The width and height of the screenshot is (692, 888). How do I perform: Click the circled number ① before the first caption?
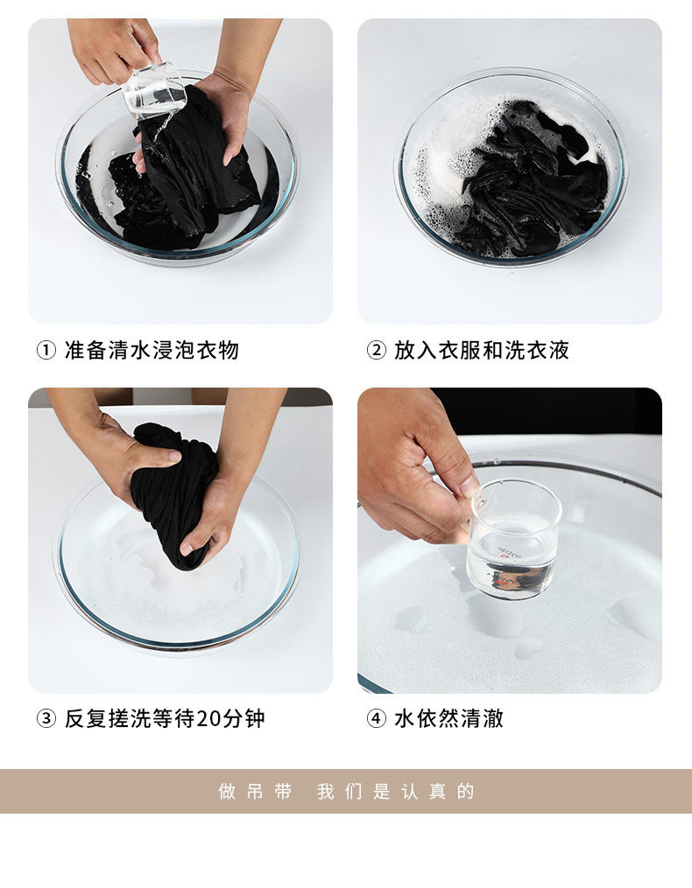pos(46,350)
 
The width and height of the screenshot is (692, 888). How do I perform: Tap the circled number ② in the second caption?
pos(376,350)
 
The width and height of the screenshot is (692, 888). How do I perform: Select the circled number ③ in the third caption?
pos(46,718)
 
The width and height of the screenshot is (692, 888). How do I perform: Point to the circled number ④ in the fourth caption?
pos(376,718)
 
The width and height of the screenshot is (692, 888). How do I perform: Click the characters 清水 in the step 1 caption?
pos(130,350)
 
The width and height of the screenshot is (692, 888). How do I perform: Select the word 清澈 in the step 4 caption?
pos(482,718)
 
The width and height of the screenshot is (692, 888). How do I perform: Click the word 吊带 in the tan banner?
pos(269,791)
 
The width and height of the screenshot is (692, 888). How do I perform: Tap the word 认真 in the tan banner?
pos(423,791)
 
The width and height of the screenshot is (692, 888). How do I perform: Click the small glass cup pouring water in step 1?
pos(154,91)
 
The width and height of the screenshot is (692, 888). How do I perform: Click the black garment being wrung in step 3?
pos(173,493)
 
